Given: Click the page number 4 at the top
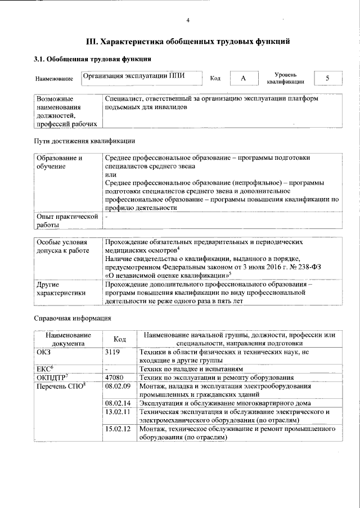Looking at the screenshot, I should click(x=188, y=21).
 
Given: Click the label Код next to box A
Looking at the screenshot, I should click(x=215, y=79).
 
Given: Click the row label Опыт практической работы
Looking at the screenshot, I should click(x=67, y=221).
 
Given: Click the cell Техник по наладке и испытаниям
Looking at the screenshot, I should click(x=191, y=368).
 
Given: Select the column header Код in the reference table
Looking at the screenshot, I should click(x=119, y=339).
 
